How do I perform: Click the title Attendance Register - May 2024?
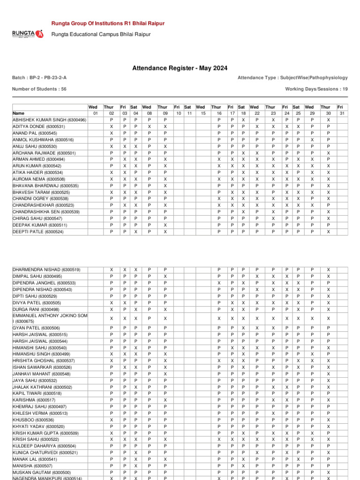(180, 68)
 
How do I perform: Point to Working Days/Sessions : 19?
(316, 89)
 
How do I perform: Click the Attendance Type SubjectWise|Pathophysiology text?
(292, 77)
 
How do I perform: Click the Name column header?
(19, 113)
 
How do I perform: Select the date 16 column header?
(218, 113)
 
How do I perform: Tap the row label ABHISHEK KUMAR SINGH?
(49, 120)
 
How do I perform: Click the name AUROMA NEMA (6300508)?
(39, 179)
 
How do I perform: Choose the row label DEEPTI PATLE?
(37, 232)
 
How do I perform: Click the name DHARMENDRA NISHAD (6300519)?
(46, 270)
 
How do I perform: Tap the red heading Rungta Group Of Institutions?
(108, 23)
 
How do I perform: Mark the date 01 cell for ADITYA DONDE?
(96, 127)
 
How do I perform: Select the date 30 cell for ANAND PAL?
(328, 133)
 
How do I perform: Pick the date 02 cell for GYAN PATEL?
(111, 328)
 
